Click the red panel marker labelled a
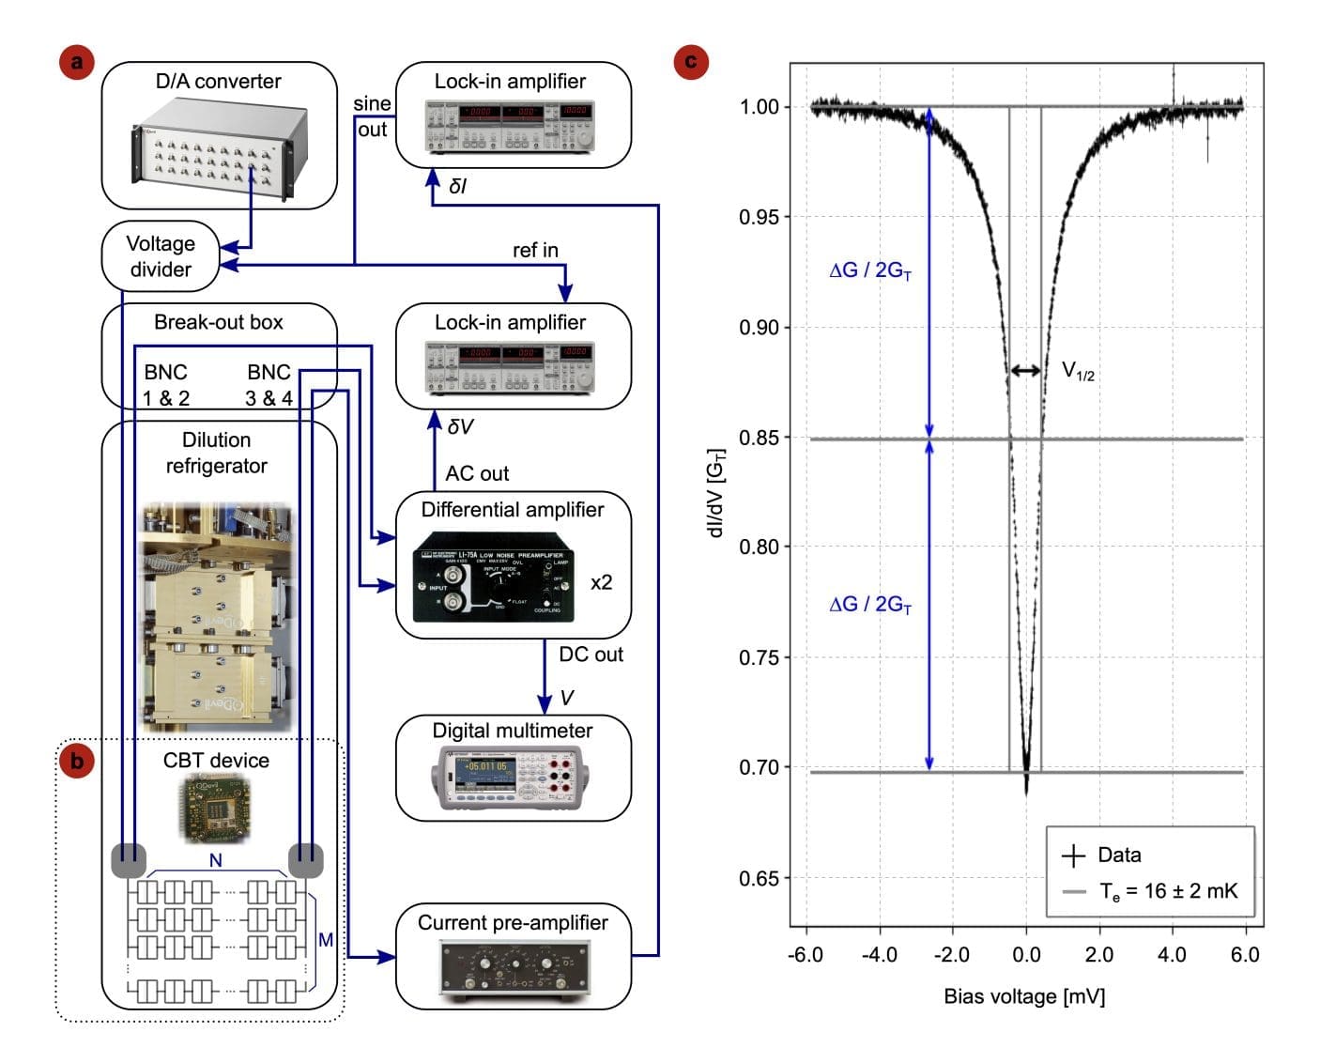coord(76,63)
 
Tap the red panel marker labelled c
coord(691,62)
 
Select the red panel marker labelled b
coord(76,760)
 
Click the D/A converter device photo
coord(218,150)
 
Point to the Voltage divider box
coord(161,256)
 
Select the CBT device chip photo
coord(216,808)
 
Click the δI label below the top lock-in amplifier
coord(457,186)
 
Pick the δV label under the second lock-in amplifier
coord(459,426)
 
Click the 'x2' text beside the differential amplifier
coord(601,582)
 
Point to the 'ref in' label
coord(535,250)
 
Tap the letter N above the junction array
coord(216,859)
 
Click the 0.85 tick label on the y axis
coord(760,438)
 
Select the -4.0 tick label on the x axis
coord(879,955)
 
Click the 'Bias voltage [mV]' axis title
coord(1024,996)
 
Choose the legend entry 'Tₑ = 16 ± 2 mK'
coord(1168,891)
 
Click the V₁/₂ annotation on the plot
coord(1078,371)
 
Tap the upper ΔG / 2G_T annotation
coord(870,270)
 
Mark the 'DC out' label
coord(591,655)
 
